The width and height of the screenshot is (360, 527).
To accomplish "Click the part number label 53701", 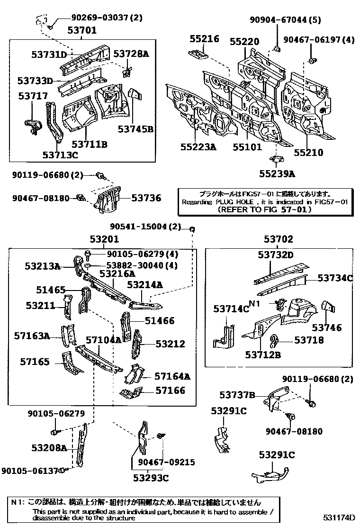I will point(81,31).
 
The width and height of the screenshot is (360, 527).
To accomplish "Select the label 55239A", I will point(277,174).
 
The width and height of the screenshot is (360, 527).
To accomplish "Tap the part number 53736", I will point(146,198).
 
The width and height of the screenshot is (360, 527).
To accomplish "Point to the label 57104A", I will point(103,339).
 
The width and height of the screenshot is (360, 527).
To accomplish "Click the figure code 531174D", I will point(340,517).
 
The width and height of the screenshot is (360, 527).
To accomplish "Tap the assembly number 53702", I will point(279,240).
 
